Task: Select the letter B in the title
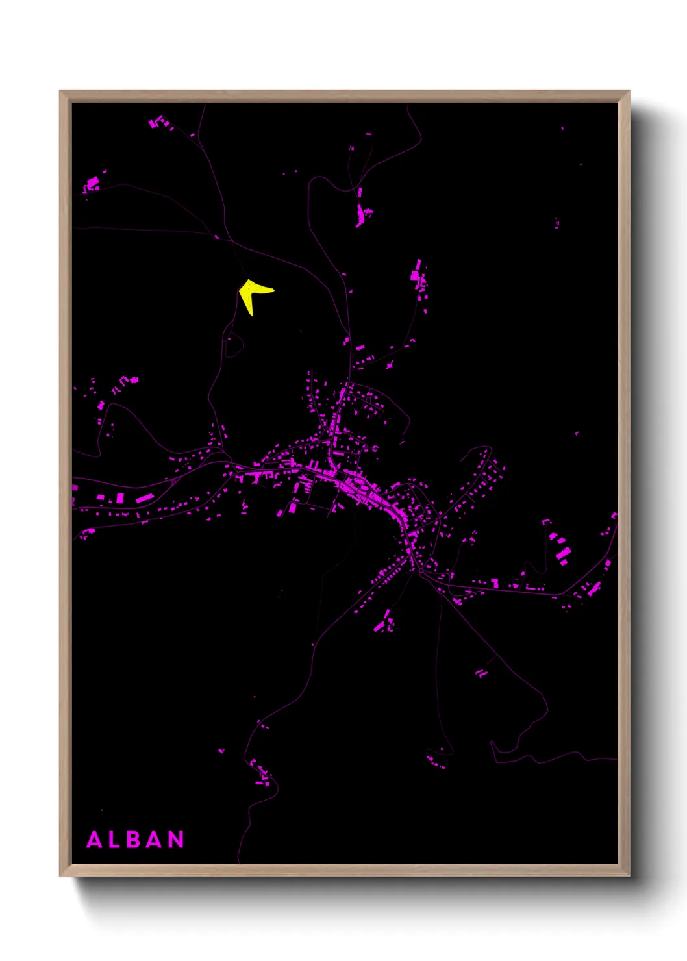(134, 840)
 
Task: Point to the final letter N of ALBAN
(177, 840)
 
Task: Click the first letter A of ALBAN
(94, 840)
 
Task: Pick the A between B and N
(155, 840)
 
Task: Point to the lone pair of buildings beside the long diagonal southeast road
(481, 673)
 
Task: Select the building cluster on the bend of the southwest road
(262, 773)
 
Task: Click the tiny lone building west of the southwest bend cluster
(221, 751)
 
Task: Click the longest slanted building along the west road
(145, 499)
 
